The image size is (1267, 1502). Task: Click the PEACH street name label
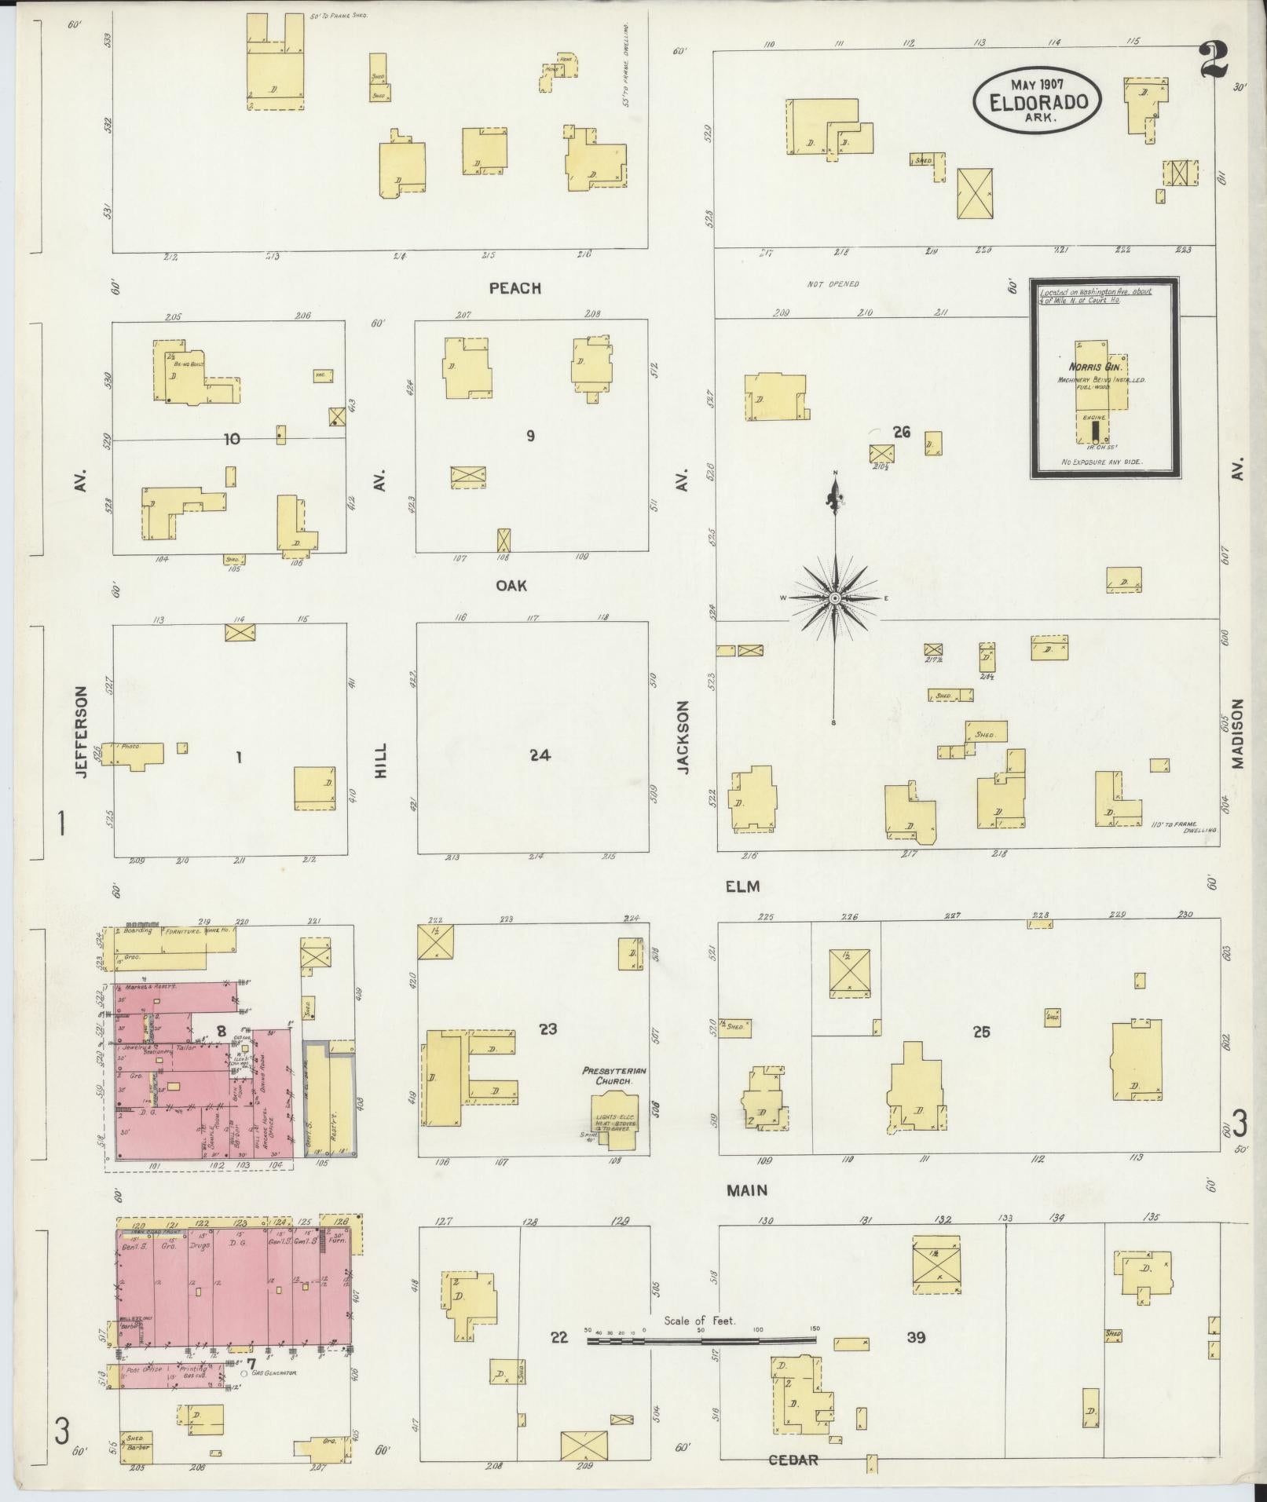coord(514,288)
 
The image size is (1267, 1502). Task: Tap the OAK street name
coord(511,586)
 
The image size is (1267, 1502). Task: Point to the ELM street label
coord(743,886)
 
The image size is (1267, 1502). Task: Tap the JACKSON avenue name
coord(683,738)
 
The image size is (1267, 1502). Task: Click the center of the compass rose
coord(835,598)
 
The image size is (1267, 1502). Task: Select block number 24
coord(540,755)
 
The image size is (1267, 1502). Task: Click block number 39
coord(916,1337)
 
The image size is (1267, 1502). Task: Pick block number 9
coord(531,436)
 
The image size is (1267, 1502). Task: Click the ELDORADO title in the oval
coord(1038,101)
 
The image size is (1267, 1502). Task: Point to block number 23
coord(547,1028)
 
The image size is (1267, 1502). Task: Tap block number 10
coord(232,439)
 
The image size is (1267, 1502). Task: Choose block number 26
coord(901,431)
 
